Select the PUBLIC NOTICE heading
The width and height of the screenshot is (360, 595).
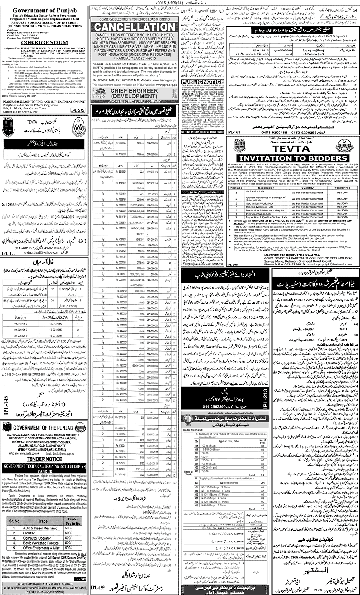tap(203, 82)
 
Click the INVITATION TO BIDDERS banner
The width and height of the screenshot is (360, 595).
tap(293, 158)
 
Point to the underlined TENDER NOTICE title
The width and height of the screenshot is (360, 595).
tap(44, 459)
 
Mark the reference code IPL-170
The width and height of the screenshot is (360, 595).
tap(9, 254)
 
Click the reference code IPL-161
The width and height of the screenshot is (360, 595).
tap(234, 132)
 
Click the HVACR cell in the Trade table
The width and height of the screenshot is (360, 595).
tap(29, 533)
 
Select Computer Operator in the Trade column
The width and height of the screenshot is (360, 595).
tap(37, 538)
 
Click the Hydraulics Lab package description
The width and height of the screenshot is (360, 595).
tap(255, 192)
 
